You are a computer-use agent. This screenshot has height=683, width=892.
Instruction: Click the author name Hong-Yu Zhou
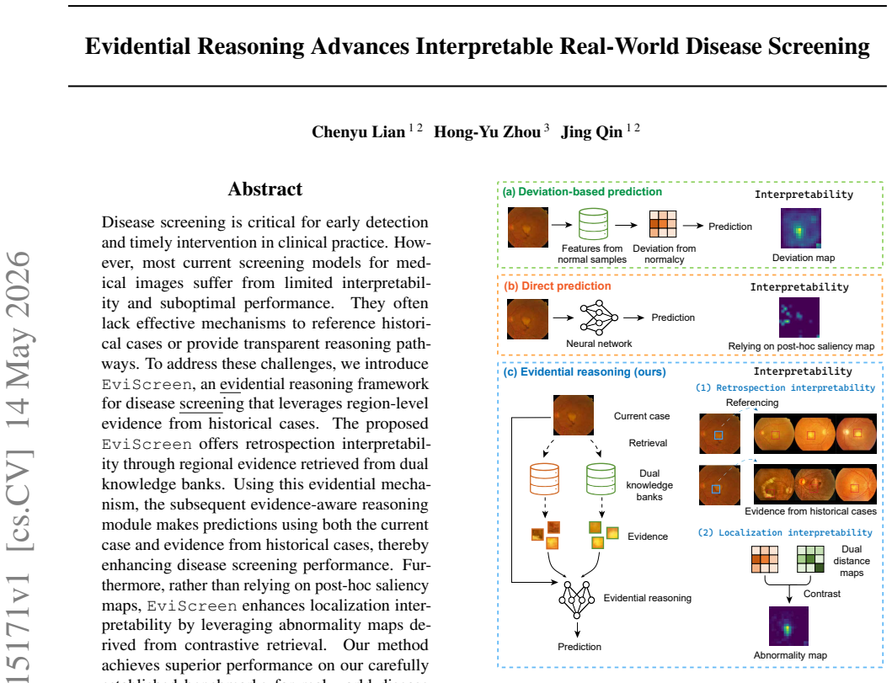(487, 132)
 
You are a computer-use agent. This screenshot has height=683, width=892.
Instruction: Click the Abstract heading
(265, 189)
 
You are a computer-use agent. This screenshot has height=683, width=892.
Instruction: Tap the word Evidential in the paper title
(137, 46)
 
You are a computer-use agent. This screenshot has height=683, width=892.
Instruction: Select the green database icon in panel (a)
(593, 223)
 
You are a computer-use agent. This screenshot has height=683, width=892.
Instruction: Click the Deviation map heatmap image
(801, 228)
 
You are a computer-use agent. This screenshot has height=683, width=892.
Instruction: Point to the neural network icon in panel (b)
(599, 317)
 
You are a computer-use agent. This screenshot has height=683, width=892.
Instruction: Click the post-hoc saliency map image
(799, 317)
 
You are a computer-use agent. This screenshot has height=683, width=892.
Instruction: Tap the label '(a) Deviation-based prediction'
(582, 192)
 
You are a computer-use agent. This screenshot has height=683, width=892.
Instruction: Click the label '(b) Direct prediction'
(558, 286)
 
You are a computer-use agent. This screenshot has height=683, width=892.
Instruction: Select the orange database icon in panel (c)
(544, 479)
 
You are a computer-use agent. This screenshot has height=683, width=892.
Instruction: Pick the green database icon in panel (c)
(601, 479)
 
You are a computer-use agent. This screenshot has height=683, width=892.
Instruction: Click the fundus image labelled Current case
(574, 415)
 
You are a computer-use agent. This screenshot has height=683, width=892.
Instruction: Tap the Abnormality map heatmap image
(788, 626)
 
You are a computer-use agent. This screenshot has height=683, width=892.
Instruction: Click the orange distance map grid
(765, 559)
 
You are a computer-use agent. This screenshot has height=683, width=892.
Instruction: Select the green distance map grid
(810, 559)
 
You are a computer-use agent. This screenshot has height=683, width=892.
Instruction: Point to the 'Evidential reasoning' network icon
(577, 600)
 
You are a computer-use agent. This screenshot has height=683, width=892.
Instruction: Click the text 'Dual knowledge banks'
(649, 485)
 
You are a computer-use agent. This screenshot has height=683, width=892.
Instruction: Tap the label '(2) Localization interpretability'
(785, 532)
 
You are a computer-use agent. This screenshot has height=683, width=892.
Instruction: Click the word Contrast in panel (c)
(822, 594)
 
